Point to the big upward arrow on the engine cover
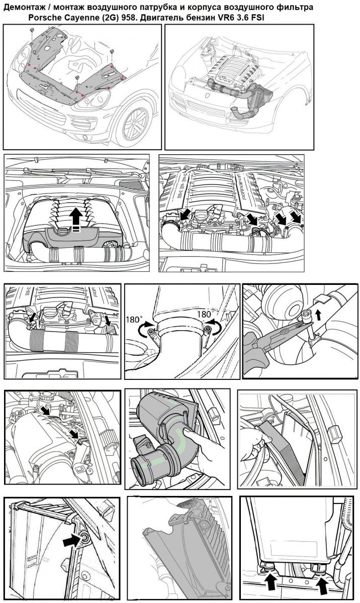coord(76,219)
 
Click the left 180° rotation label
coord(134,320)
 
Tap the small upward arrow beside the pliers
coord(319,315)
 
